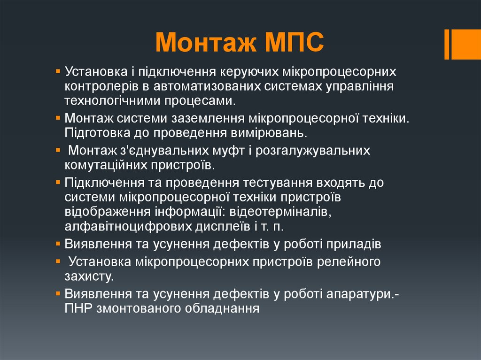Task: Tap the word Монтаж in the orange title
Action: pyautogui.click(x=206, y=42)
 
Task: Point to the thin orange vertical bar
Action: pyautogui.click(x=447, y=44)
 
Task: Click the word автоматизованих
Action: pyautogui.click(x=207, y=86)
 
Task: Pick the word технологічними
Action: pyautogui.click(x=112, y=101)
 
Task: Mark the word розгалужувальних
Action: pyautogui.click(x=312, y=151)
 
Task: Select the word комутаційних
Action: pyautogui.click(x=106, y=165)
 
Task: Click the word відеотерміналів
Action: pyautogui.click(x=280, y=212)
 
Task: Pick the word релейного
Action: pyautogui.click(x=349, y=262)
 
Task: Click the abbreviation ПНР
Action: pyautogui.click(x=78, y=308)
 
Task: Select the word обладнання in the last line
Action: pyautogui.click(x=222, y=308)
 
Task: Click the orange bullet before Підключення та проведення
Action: pyautogui.click(x=58, y=183)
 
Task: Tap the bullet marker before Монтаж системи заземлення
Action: pyautogui.click(x=58, y=118)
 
